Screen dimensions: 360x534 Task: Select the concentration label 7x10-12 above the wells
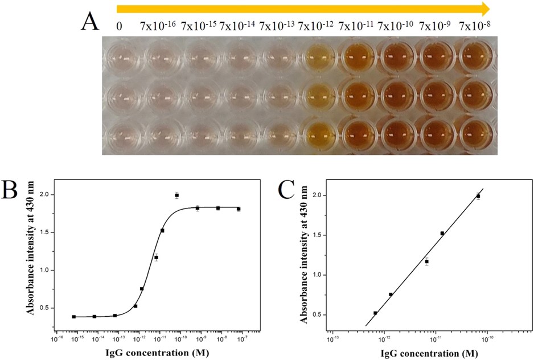[x=317, y=26]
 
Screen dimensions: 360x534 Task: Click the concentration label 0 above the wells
[x=119, y=26]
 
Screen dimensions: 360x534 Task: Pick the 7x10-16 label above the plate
[x=159, y=26]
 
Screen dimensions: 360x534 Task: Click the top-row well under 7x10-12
[x=318, y=58]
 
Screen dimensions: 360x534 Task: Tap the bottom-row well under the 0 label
[x=122, y=134]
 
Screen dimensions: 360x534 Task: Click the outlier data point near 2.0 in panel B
[x=177, y=195]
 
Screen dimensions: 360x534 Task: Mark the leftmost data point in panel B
[x=74, y=317]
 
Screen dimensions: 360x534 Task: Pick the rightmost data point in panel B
[x=239, y=209]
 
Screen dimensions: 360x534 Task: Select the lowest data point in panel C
[x=375, y=313]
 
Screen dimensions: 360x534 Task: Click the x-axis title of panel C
[x=412, y=353]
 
